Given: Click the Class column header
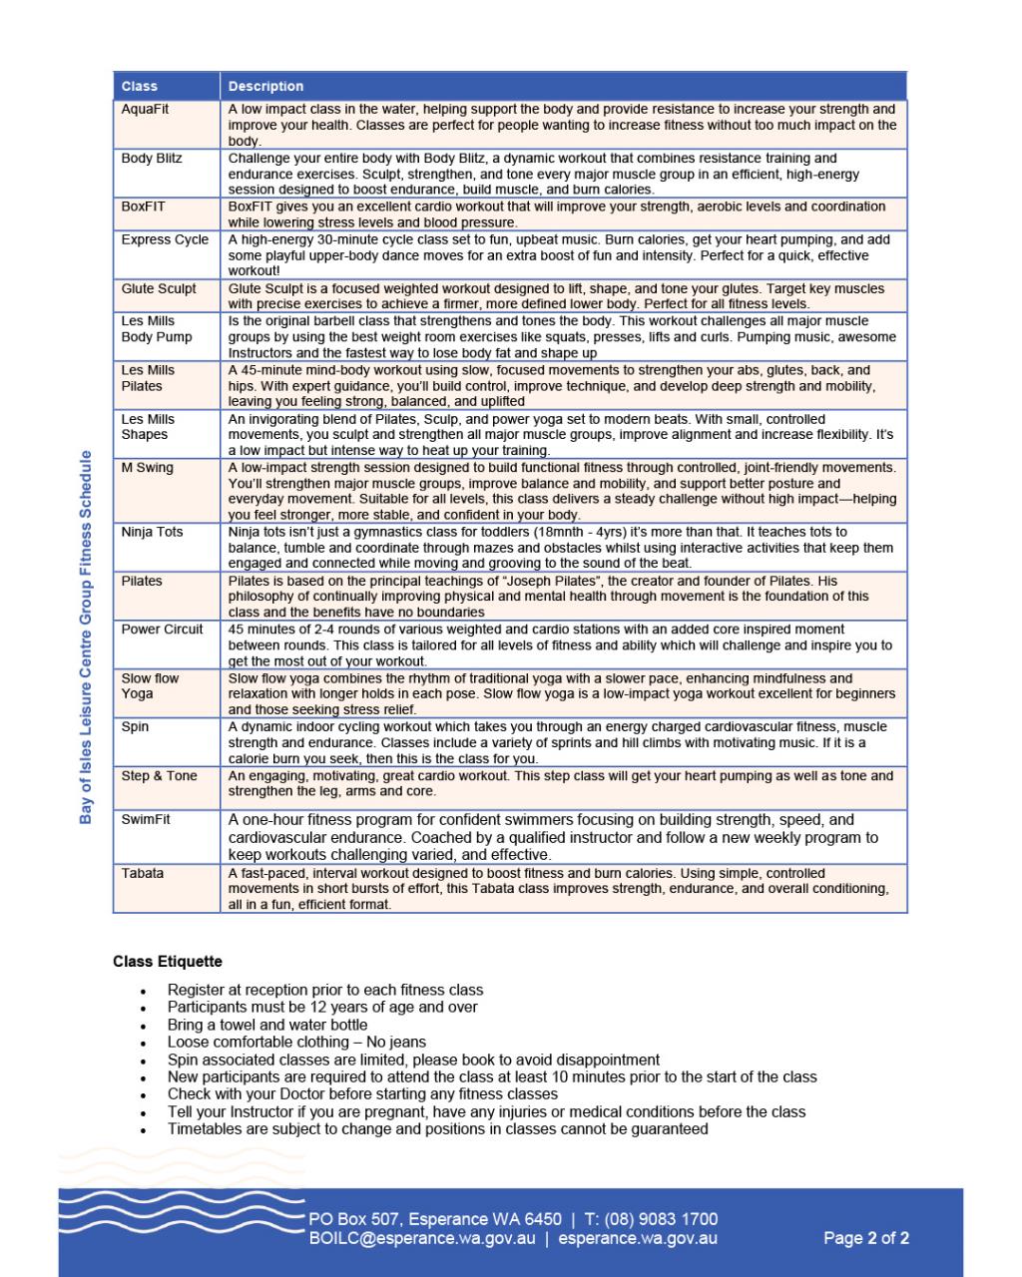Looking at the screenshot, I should point(140,87).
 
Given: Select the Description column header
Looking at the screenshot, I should point(265,87).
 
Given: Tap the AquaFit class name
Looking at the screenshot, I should point(145,109).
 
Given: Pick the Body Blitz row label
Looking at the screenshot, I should point(152,158).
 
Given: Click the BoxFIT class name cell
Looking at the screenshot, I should point(143,207).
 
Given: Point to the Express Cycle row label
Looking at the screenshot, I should point(165,239).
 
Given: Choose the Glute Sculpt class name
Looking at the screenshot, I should point(159,288).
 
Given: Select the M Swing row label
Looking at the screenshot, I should point(147,467).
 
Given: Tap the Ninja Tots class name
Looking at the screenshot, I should point(152,532).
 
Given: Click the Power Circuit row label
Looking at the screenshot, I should point(162,630).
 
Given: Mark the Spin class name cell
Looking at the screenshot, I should point(135,726).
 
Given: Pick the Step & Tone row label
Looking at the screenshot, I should point(159,775).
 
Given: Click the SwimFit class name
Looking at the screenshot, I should point(146,819).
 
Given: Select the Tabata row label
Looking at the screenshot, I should point(143,873).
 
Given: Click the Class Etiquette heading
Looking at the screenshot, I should point(168,962).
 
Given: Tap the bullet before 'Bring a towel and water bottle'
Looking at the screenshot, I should point(144,1027).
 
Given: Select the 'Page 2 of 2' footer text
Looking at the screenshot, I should point(865,1239).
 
